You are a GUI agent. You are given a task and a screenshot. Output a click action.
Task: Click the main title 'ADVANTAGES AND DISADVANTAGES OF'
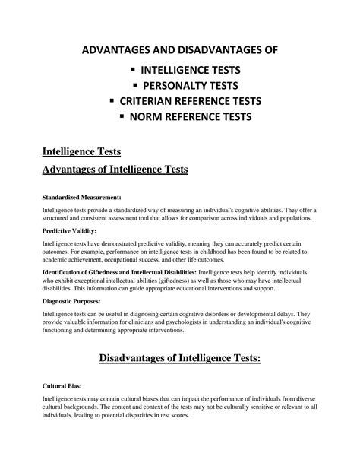[x=180, y=50]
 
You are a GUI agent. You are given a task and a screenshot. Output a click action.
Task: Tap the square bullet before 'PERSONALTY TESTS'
[x=137, y=86]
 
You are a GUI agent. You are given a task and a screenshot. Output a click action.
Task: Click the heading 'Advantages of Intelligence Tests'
[x=115, y=169]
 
